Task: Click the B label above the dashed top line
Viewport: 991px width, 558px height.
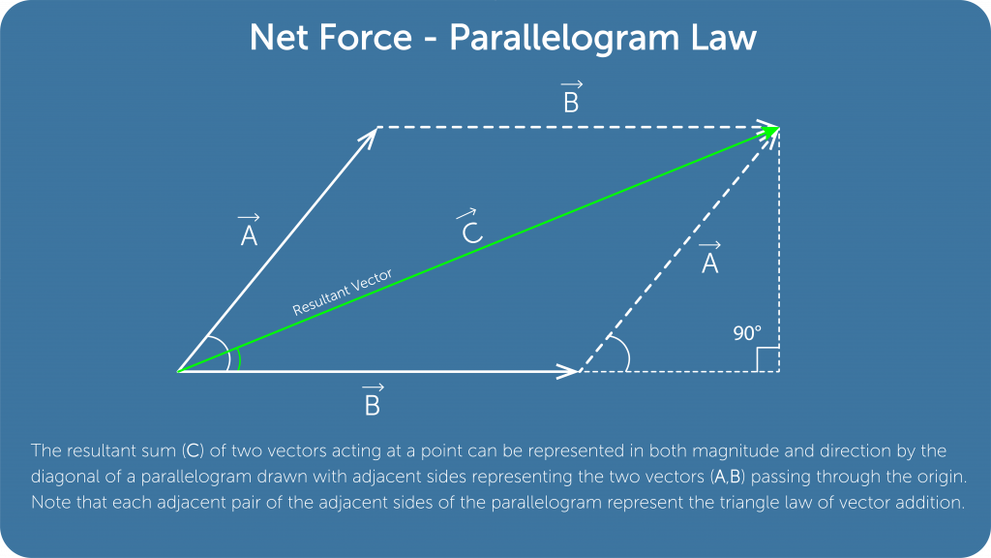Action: [571, 99]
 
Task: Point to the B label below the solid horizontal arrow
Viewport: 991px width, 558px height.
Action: [372, 402]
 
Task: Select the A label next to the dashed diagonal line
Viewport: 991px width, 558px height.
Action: [709, 259]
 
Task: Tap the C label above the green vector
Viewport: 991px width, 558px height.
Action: [469, 230]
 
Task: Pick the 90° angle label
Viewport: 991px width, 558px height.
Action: [747, 334]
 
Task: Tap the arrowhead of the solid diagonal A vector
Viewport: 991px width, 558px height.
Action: [368, 137]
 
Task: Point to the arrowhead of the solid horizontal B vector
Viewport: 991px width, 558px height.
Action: [569, 371]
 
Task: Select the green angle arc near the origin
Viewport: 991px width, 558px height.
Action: [238, 358]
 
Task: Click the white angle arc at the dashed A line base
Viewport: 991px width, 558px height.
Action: [625, 355]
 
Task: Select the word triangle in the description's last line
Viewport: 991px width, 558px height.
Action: [685, 503]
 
